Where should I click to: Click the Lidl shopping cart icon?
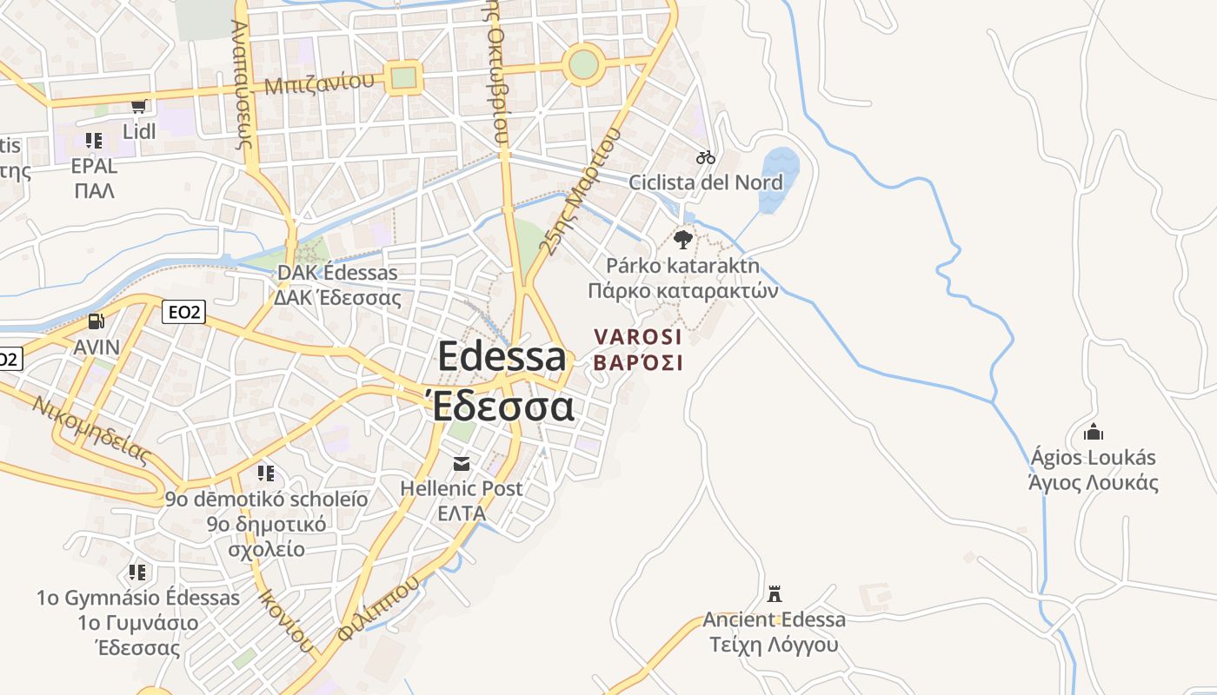(138, 107)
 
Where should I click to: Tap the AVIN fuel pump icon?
(96, 322)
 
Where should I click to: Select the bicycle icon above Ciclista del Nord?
(706, 157)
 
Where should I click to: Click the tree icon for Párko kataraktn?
(683, 239)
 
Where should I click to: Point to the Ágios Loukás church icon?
(1093, 432)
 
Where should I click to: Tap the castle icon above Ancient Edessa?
(775, 594)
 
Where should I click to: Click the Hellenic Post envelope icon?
(461, 464)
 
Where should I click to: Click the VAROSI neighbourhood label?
(638, 336)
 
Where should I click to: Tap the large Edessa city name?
(502, 357)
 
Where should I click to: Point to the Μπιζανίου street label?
(320, 84)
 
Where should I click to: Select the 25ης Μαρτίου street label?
(581, 191)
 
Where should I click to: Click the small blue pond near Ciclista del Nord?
(779, 178)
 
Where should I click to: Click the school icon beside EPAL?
(94, 140)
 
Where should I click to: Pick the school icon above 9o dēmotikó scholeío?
(266, 473)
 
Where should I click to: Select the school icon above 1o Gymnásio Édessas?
(137, 573)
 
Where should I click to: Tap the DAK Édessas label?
(337, 273)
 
